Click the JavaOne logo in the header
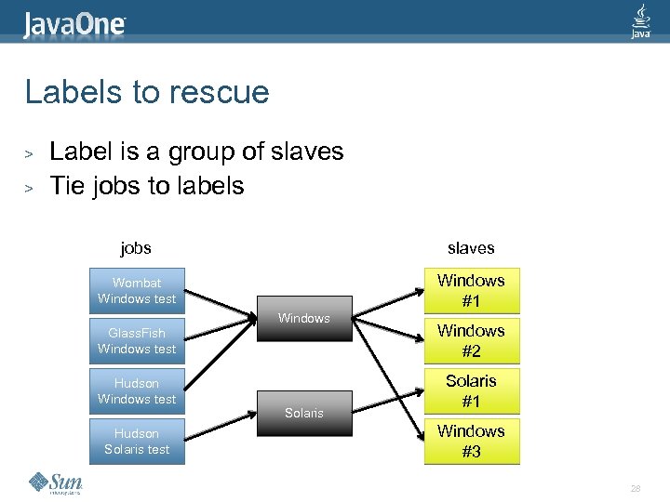coord(74,22)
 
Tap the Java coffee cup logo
coord(641,20)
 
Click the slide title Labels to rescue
coord(147,92)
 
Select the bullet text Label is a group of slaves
coord(196,152)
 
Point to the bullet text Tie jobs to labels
coord(146,185)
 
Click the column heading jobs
coord(136,248)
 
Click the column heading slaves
coord(471,248)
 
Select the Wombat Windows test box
coord(137,291)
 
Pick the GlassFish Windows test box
coord(137,341)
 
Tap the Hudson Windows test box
coord(137,391)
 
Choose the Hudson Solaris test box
coord(137,442)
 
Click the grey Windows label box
coord(304,319)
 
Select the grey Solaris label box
coord(304,413)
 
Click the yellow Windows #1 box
coord(471,291)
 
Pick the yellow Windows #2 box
coord(471,341)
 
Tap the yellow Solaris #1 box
coord(471,391)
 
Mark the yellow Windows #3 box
coord(471,442)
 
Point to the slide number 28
coord(636,488)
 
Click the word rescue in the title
coord(223,92)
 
